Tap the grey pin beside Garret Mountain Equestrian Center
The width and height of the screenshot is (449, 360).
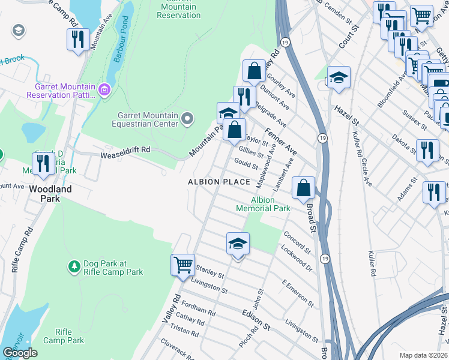pyautogui.click(x=188, y=119)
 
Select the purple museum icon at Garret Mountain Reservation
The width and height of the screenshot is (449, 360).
pyautogui.click(x=105, y=91)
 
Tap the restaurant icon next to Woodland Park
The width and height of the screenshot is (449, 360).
pyautogui.click(x=43, y=163)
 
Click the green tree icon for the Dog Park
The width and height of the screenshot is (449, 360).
pyautogui.click(x=74, y=265)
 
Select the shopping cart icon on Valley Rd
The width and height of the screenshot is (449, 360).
pyautogui.click(x=183, y=263)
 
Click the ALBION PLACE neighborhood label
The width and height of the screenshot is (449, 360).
pyautogui.click(x=218, y=182)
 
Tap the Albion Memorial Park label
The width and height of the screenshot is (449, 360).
pyautogui.click(x=263, y=204)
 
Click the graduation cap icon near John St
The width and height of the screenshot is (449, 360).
pyautogui.click(x=238, y=243)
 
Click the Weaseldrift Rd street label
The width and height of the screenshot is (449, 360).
pyautogui.click(x=124, y=154)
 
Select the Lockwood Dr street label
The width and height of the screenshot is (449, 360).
pyautogui.click(x=296, y=254)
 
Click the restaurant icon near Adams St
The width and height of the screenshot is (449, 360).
pyautogui.click(x=434, y=193)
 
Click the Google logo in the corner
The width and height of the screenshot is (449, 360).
pyautogui.click(x=20, y=353)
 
